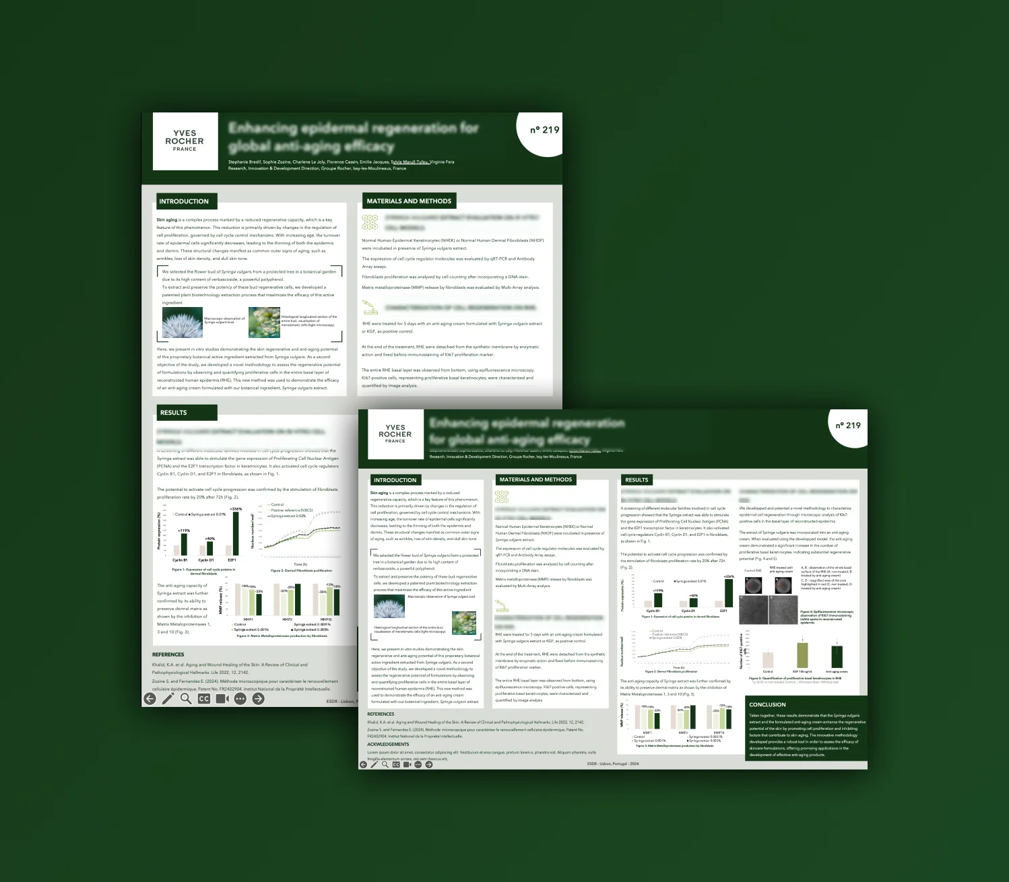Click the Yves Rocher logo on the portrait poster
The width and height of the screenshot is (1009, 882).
click(x=185, y=141)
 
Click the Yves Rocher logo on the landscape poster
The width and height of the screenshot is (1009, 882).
click(x=395, y=434)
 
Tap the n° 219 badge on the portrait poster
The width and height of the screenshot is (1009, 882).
click(x=544, y=130)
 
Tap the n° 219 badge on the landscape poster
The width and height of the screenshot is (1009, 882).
click(x=848, y=426)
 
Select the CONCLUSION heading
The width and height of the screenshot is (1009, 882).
click(x=767, y=704)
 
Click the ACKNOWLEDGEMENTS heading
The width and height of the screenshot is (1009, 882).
click(x=388, y=744)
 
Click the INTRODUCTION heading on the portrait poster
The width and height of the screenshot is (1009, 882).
click(x=184, y=201)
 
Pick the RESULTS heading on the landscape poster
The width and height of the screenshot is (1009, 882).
click(x=637, y=480)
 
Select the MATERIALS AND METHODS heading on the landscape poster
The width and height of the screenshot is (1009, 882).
click(x=535, y=479)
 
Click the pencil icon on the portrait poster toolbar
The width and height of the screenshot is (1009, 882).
click(x=168, y=699)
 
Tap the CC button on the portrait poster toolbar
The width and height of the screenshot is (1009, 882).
click(x=204, y=699)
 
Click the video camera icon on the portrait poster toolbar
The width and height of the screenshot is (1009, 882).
click(x=222, y=699)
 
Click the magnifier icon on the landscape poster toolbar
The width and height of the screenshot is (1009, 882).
click(x=385, y=764)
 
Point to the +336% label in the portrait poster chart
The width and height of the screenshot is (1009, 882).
click(x=236, y=509)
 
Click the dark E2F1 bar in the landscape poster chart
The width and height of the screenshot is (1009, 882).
click(x=728, y=593)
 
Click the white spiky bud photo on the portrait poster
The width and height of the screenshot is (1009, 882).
click(x=183, y=323)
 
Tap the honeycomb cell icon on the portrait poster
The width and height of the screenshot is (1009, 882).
click(x=370, y=222)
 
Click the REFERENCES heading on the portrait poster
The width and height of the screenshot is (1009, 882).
click(x=168, y=654)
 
